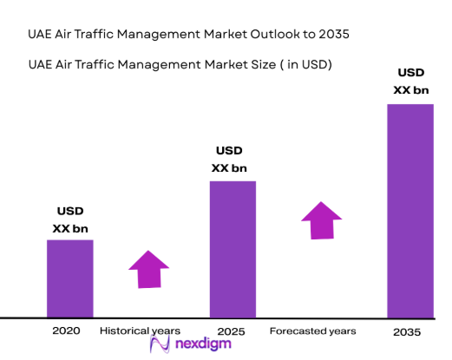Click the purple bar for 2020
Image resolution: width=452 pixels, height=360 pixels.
click(69, 278)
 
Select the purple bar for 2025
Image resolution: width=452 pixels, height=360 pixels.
click(233, 249)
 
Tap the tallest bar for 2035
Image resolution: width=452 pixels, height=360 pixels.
click(409, 211)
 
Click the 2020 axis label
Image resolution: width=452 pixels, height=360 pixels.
click(65, 331)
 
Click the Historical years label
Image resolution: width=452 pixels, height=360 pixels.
click(140, 331)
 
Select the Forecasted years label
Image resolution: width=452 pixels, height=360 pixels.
click(312, 331)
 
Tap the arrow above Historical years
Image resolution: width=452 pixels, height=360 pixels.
click(148, 269)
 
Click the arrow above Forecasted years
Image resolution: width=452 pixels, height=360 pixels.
click(322, 220)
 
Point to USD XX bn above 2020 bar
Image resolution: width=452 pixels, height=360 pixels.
click(70, 220)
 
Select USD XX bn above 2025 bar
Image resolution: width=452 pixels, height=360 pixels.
click(233, 160)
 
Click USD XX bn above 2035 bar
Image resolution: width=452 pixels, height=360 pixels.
click(409, 81)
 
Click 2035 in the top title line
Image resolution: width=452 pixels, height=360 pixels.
click(335, 35)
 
